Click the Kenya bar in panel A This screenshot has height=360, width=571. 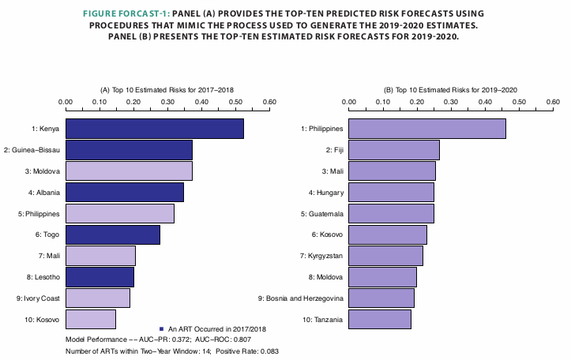[154, 128]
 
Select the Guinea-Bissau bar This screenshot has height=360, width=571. [129, 149]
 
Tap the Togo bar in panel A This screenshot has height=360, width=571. [112, 234]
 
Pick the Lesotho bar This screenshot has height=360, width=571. [100, 277]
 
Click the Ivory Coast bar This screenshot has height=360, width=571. [97, 298]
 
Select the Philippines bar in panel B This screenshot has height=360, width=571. [426, 128]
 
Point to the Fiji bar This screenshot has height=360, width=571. [393, 149]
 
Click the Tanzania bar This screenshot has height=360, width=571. [379, 319]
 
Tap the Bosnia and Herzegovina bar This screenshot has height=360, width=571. [381, 298]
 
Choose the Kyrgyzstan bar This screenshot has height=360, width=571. [385, 256]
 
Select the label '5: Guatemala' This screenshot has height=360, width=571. [321, 213]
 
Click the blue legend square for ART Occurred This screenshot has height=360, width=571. [160, 328]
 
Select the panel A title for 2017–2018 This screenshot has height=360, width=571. [167, 91]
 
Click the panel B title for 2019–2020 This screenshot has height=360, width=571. [450, 91]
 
